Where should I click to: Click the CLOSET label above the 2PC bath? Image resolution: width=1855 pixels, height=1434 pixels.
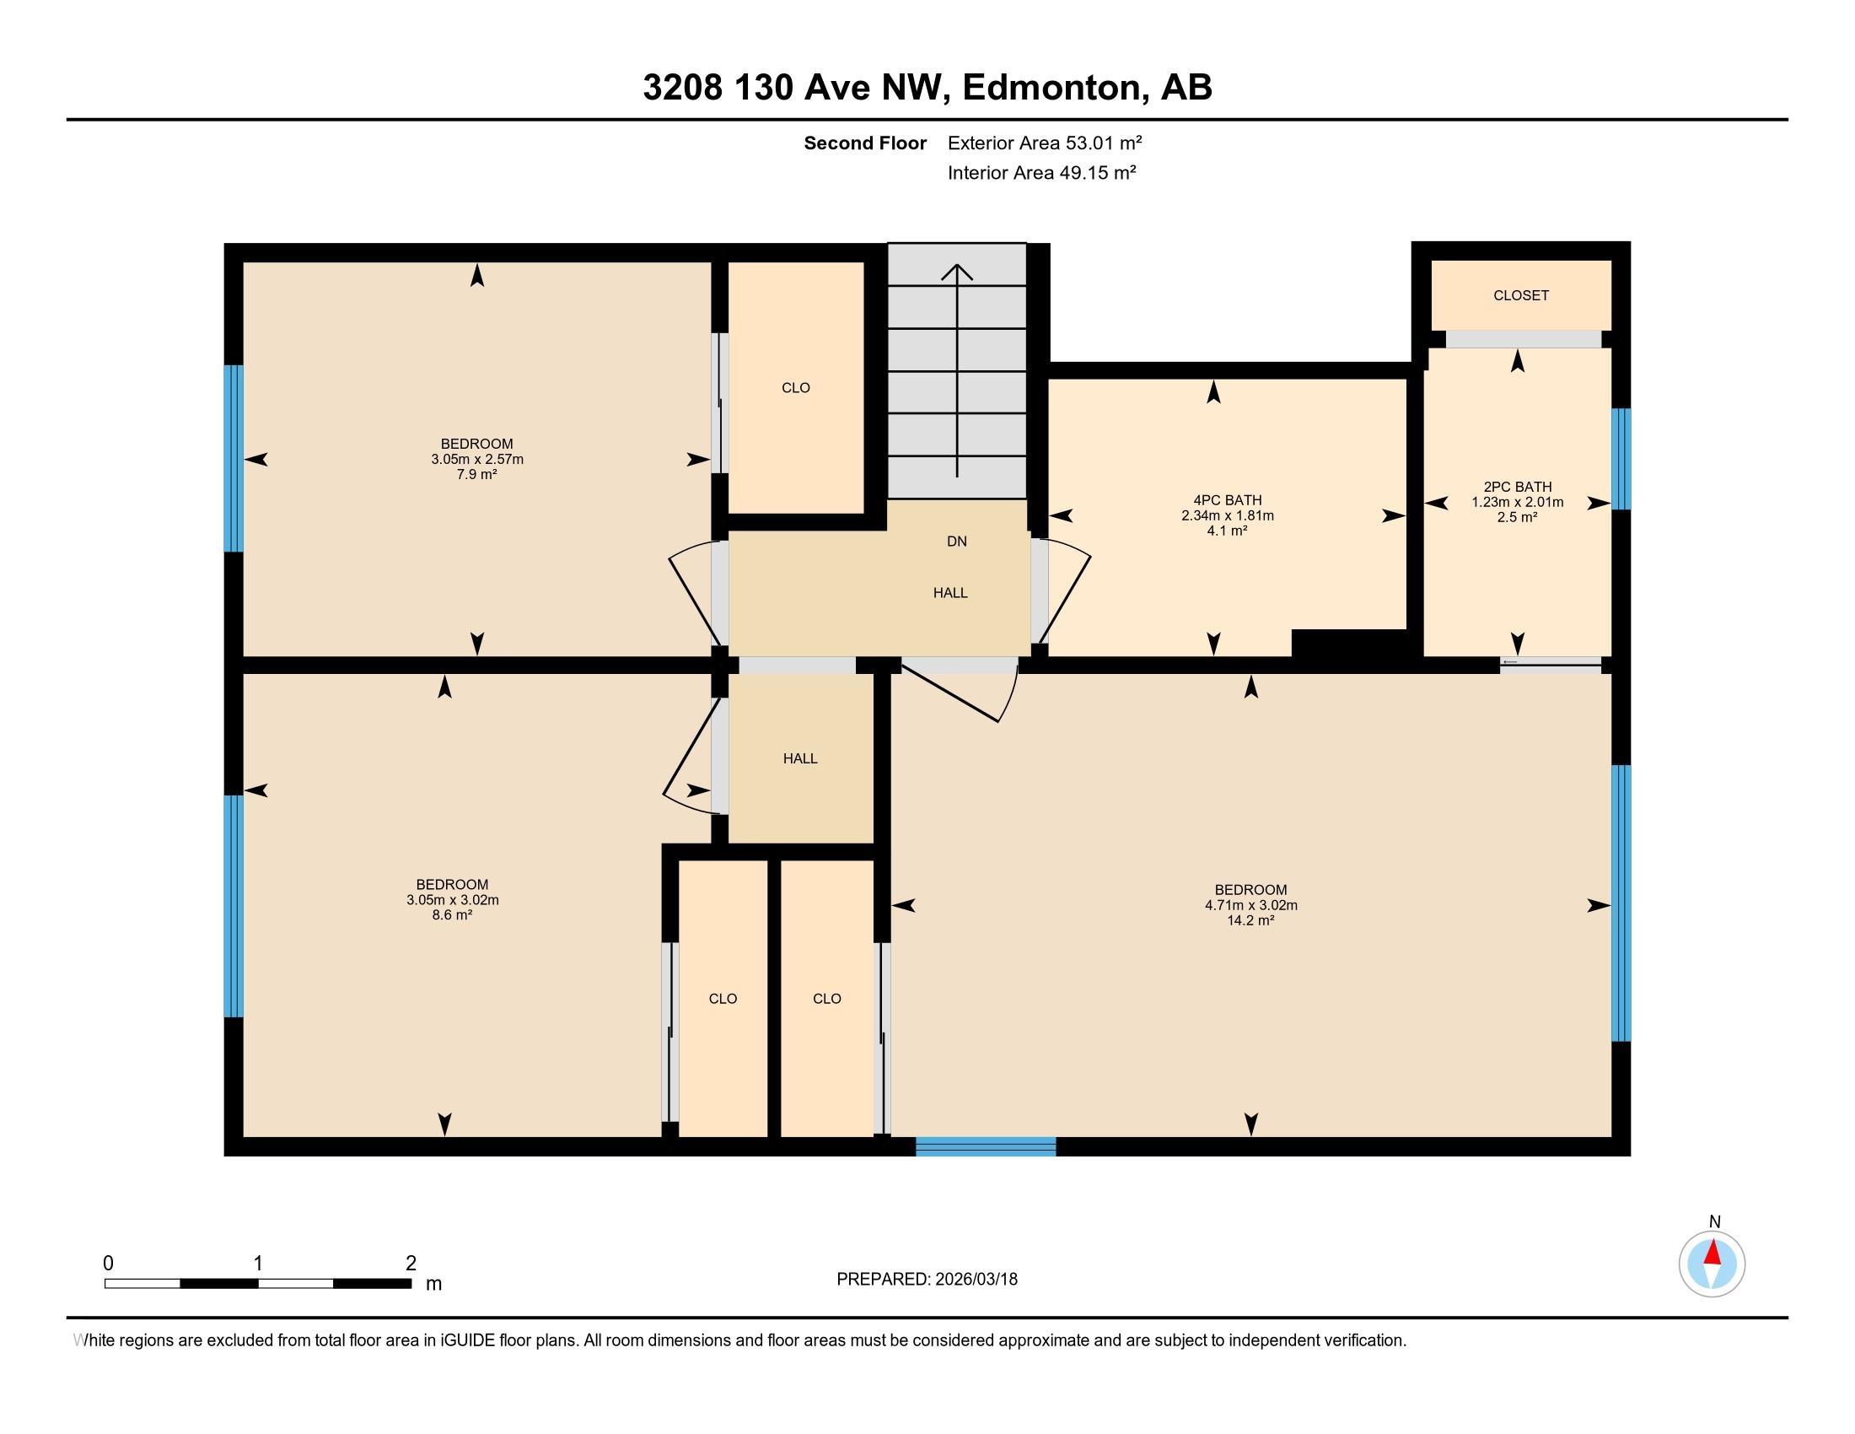pos(1520,295)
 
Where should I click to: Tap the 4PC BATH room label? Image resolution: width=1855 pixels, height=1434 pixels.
pos(1227,500)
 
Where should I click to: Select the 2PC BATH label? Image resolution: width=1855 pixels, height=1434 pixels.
pos(1517,487)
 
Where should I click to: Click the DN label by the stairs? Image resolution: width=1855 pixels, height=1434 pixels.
pos(956,542)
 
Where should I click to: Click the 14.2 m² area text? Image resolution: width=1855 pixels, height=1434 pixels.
pos(1250,921)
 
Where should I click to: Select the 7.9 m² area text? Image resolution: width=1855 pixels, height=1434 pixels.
pos(476,475)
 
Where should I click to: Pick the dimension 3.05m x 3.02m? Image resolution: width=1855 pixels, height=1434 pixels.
pos(452,900)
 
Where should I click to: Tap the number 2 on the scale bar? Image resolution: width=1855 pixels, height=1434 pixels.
pos(411,1263)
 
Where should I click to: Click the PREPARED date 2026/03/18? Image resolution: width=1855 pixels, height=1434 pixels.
pos(975,1280)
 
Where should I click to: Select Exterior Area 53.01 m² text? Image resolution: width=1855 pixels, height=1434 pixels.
pos(1044,143)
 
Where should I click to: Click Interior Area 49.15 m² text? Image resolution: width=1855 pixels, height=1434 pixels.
pos(1041,172)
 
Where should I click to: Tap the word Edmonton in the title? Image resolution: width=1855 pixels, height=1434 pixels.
pos(1051,87)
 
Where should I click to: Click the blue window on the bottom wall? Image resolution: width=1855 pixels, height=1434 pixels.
pos(985,1147)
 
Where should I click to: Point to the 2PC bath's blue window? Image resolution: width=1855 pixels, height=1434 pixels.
pos(1621,459)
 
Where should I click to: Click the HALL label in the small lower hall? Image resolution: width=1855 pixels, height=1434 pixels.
pos(800,758)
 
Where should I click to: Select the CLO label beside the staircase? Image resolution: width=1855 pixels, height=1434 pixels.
pos(796,388)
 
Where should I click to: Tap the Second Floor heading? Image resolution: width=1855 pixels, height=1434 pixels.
pos(864,143)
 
